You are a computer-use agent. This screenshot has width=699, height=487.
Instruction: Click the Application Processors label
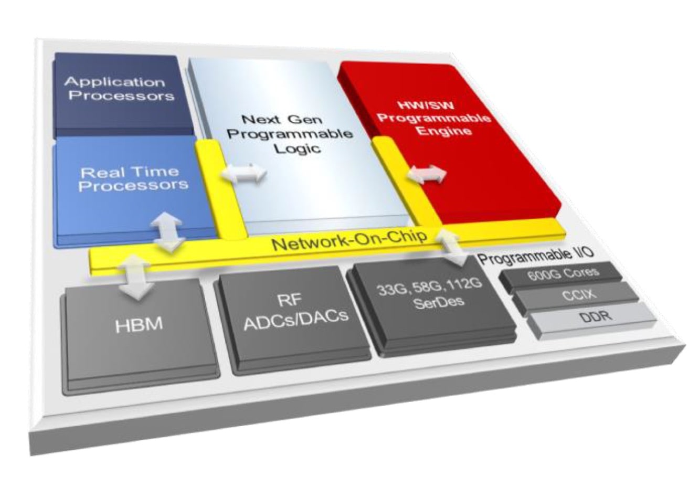point(119,89)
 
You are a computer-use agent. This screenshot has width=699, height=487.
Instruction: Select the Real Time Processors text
point(132,179)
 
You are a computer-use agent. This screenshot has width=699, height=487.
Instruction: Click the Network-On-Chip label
point(349,240)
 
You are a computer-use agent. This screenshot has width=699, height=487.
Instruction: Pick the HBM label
point(139,325)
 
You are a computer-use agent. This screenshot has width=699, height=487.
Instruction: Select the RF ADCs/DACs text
point(295,312)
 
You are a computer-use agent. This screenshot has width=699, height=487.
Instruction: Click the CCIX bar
point(576,296)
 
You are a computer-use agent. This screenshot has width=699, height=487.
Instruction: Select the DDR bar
point(591,320)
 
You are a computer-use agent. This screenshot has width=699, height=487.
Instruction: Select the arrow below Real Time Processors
point(167,232)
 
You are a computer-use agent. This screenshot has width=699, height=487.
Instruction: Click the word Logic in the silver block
point(298,148)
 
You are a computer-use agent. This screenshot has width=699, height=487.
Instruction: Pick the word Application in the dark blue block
point(114,82)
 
